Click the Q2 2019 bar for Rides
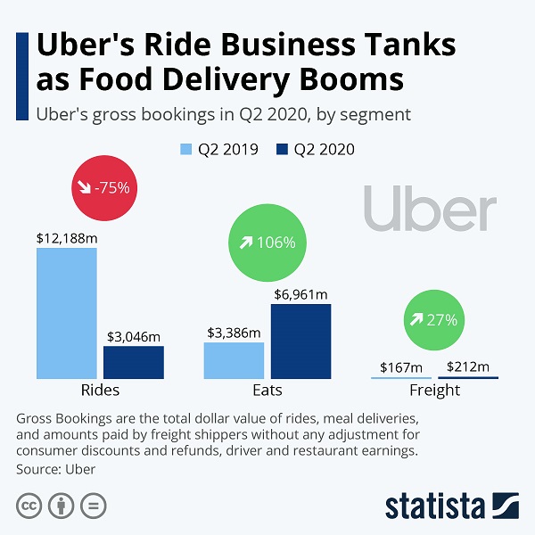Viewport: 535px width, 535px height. [x=66, y=312]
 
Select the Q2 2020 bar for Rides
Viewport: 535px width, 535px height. [x=134, y=362]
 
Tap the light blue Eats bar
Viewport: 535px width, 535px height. [x=234, y=360]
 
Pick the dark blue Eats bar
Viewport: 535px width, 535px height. [x=300, y=341]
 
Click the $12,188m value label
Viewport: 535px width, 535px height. [x=66, y=238]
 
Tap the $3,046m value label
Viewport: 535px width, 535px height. [x=134, y=336]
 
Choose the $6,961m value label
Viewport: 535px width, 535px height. [x=300, y=294]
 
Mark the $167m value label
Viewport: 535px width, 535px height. [x=400, y=366]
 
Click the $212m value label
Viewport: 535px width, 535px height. [x=468, y=366]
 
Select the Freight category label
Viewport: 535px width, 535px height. [x=434, y=391]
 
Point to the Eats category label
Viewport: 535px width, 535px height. [x=267, y=391]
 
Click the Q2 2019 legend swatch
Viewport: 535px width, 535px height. [x=186, y=149]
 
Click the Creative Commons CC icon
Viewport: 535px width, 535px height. [x=29, y=506]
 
